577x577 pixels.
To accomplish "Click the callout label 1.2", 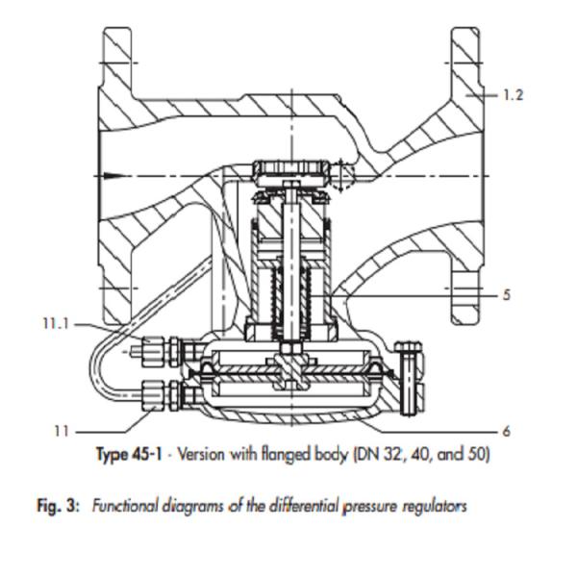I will click(513, 95).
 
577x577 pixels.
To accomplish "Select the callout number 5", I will click(507, 294).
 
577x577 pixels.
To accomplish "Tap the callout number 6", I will click(507, 432).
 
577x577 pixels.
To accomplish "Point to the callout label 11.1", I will click(56, 324).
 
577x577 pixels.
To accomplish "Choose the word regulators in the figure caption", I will click(433, 505).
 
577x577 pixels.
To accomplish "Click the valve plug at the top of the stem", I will click(290, 174).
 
